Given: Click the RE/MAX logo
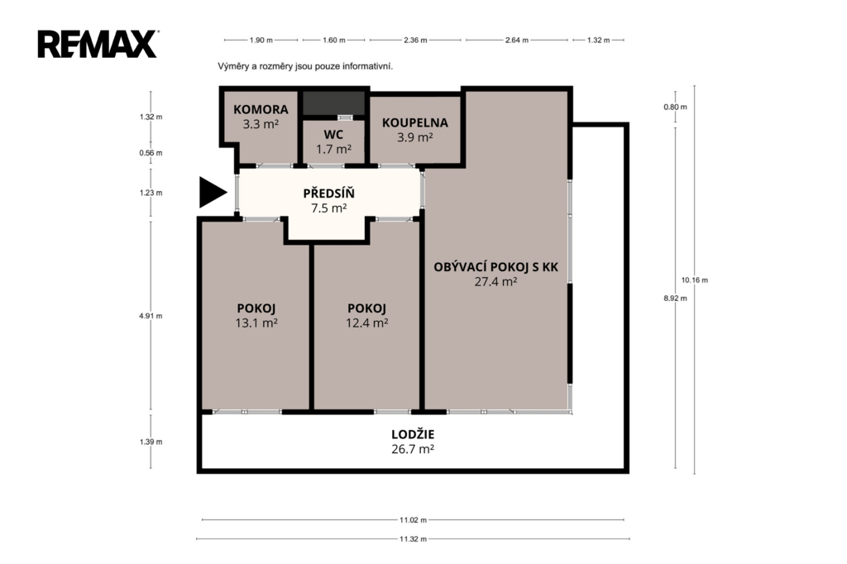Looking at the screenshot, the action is pyautogui.click(x=98, y=45).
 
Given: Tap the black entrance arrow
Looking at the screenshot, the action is pyautogui.click(x=213, y=193).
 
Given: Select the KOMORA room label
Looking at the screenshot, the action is pyautogui.click(x=261, y=110).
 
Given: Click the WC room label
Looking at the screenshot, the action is pyautogui.click(x=333, y=135).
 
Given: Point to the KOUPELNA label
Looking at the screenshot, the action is pyautogui.click(x=415, y=122).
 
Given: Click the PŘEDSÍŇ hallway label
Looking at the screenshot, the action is pyautogui.click(x=328, y=193).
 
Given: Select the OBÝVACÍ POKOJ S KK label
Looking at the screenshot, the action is pyautogui.click(x=496, y=267).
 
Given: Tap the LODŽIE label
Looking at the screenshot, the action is pyautogui.click(x=413, y=434).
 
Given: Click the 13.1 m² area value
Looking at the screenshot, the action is pyautogui.click(x=256, y=323).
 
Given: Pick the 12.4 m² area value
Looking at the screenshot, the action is pyautogui.click(x=366, y=323).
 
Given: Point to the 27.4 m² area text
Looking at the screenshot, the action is pyautogui.click(x=496, y=281).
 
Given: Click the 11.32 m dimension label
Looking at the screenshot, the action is pyautogui.click(x=414, y=538).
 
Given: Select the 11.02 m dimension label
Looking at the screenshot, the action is pyautogui.click(x=414, y=520).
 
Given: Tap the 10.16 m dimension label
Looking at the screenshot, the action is pyautogui.click(x=695, y=280).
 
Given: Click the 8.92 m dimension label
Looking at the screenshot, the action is pyautogui.click(x=675, y=299).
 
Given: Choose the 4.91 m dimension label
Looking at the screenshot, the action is pyautogui.click(x=151, y=316).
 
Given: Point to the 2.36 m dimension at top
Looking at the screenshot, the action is pyautogui.click(x=415, y=40).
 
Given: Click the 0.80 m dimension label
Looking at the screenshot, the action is pyautogui.click(x=675, y=107).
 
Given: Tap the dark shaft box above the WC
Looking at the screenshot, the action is pyautogui.click(x=333, y=103).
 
